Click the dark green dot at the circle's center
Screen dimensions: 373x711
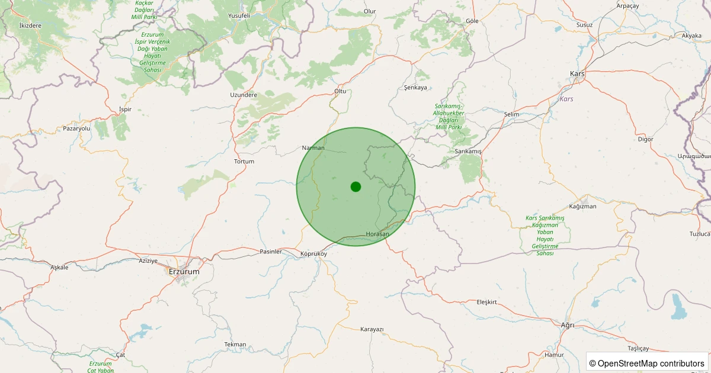point(355,186)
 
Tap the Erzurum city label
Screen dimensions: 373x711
point(184,271)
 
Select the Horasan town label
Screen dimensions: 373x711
point(378,234)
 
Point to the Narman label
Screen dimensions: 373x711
point(313,147)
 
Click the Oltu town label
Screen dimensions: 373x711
point(340,91)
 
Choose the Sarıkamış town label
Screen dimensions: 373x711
point(469,152)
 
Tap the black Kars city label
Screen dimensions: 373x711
point(577,73)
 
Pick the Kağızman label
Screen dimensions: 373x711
point(582,206)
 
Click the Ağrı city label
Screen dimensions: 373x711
point(568,324)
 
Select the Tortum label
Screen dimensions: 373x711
point(244,161)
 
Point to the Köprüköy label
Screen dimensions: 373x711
point(313,253)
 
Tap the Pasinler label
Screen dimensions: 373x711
point(271,252)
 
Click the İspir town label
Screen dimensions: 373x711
point(125,109)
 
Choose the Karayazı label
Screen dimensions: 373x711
point(372,329)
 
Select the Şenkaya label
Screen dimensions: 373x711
point(415,88)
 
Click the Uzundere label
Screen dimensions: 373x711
point(244,95)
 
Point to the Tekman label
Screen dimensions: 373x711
point(235,344)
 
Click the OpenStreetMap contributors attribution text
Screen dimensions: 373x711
point(647,363)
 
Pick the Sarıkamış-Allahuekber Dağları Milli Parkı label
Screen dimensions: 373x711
point(449,116)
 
